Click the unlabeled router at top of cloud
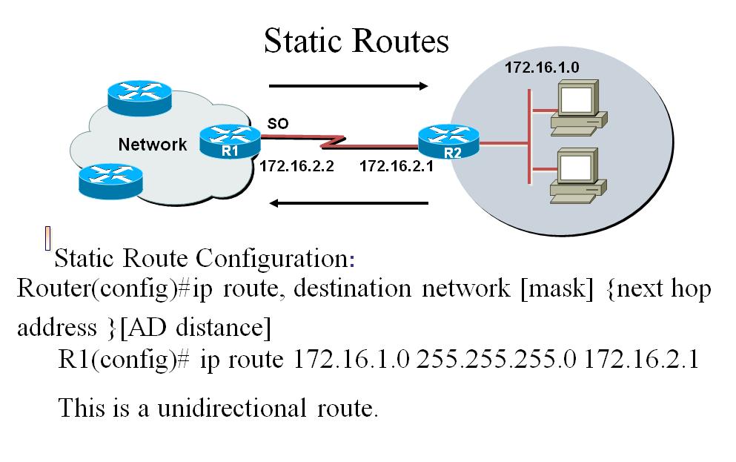click(x=138, y=93)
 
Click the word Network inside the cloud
click(x=153, y=145)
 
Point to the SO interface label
click(x=277, y=125)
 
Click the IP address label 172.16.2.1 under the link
click(x=396, y=167)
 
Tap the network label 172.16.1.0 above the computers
click(x=541, y=67)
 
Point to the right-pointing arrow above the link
click(x=348, y=86)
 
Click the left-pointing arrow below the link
click(x=348, y=202)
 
